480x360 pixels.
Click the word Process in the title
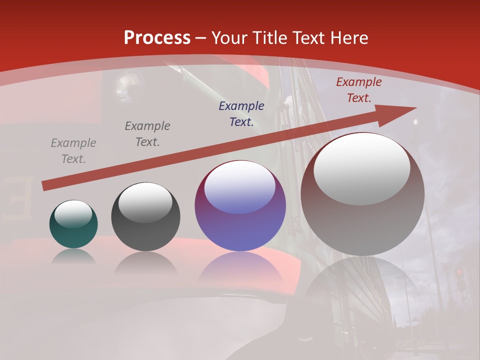pyautogui.click(x=157, y=38)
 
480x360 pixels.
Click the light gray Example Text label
pyautogui.click(x=73, y=151)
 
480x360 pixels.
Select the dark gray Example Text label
pyautogui.click(x=147, y=134)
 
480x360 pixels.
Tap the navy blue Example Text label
pyautogui.click(x=241, y=114)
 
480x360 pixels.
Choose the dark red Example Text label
pyautogui.click(x=358, y=90)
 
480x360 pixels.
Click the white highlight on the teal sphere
pyautogui.click(x=73, y=214)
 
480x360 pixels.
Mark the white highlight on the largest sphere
pyautogui.click(x=361, y=168)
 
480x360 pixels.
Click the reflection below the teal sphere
pyautogui.click(x=73, y=257)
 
